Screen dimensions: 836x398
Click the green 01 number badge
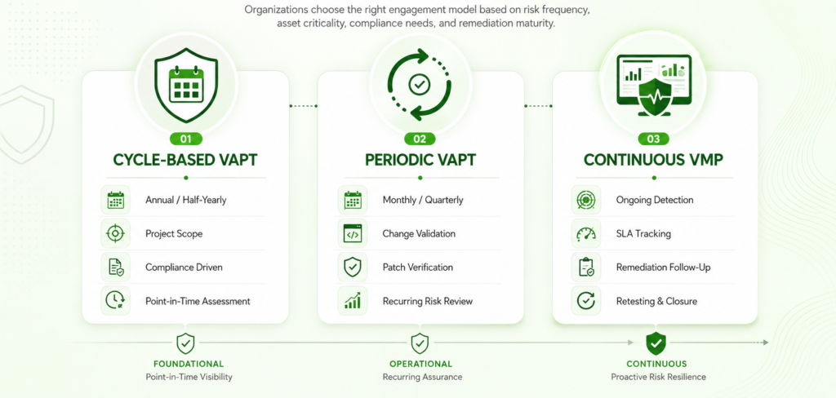185,139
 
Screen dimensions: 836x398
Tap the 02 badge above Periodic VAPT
420,139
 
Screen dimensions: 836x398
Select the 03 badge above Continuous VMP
653,139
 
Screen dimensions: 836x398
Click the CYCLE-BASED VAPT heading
185,160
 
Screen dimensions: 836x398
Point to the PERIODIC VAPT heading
420,160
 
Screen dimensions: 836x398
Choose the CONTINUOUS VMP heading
654,160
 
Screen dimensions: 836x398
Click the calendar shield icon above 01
186,86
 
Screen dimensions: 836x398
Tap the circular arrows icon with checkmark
420,85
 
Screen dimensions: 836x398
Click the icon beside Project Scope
115,233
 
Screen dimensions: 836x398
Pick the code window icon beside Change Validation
353,233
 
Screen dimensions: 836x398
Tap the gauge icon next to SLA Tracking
585,233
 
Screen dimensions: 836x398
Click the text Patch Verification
417,267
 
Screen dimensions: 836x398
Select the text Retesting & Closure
656,301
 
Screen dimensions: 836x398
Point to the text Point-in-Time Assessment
198,301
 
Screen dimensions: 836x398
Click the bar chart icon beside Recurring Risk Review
353,300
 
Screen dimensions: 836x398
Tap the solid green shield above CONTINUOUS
656,343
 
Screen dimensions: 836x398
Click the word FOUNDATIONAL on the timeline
189,364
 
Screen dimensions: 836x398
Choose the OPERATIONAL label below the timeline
420,364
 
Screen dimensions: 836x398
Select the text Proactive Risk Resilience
659,377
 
